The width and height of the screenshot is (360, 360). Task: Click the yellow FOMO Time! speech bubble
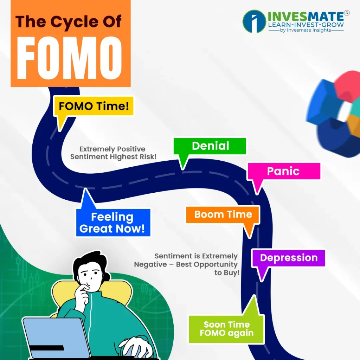coord(94,106)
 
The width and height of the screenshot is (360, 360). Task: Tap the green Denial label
coord(210,146)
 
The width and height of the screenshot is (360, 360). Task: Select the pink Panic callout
coord(284,171)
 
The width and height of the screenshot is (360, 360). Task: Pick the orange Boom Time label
coord(223,214)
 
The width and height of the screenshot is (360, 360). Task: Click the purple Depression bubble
coord(288,258)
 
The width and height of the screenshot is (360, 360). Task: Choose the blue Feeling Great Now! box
coord(113,223)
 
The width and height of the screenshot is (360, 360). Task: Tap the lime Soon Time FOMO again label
coord(227,329)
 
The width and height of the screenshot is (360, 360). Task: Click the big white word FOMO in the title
coord(69,58)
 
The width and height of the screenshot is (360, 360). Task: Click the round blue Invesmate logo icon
coord(254,21)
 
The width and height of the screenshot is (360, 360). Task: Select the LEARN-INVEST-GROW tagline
coord(306,25)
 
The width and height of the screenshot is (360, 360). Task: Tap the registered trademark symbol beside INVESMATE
coord(347,13)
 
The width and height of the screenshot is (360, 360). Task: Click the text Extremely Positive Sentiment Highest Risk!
coord(113,153)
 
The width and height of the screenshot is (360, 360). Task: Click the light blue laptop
coord(57,337)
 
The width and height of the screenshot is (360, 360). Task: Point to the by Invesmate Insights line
coord(306,30)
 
